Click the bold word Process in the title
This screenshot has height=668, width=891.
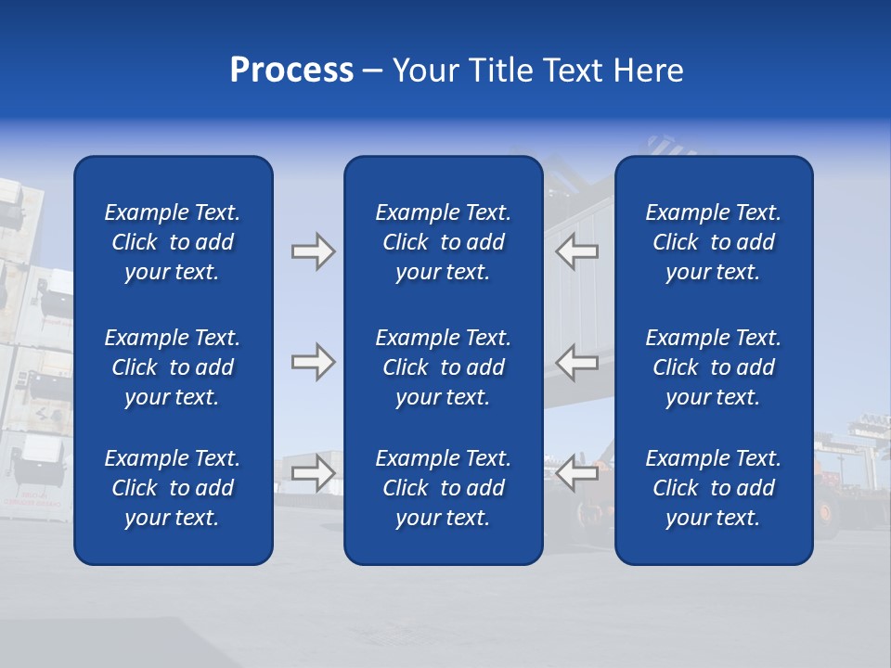291,71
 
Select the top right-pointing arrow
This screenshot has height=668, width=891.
313,251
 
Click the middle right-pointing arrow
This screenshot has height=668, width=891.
313,362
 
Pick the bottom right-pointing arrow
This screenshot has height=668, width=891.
313,473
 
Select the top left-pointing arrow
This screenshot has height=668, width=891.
577,251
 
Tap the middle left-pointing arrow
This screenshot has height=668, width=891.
577,362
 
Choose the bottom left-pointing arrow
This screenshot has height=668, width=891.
577,473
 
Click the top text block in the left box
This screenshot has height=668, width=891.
173,242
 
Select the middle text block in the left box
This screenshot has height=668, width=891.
173,367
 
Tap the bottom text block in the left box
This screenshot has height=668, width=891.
173,488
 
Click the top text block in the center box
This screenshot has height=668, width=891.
443,242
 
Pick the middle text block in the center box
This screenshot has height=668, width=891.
443,367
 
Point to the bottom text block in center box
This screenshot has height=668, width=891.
443,488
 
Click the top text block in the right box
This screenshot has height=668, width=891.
713,242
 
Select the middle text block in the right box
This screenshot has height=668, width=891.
713,367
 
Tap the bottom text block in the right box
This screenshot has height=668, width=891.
713,488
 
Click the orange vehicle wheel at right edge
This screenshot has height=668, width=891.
824,510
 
